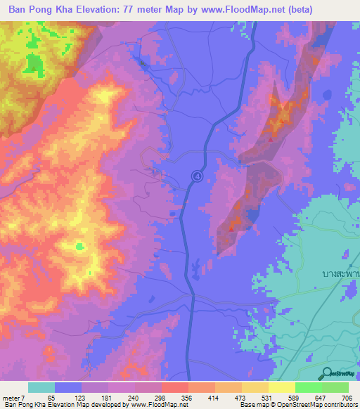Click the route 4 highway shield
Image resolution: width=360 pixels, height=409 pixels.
tap(198, 176)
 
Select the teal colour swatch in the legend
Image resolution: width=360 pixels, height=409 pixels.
tap(41, 387)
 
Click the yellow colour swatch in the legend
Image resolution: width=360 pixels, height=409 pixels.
tap(281, 387)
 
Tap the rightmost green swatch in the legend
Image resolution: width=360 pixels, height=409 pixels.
tap(335, 387)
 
